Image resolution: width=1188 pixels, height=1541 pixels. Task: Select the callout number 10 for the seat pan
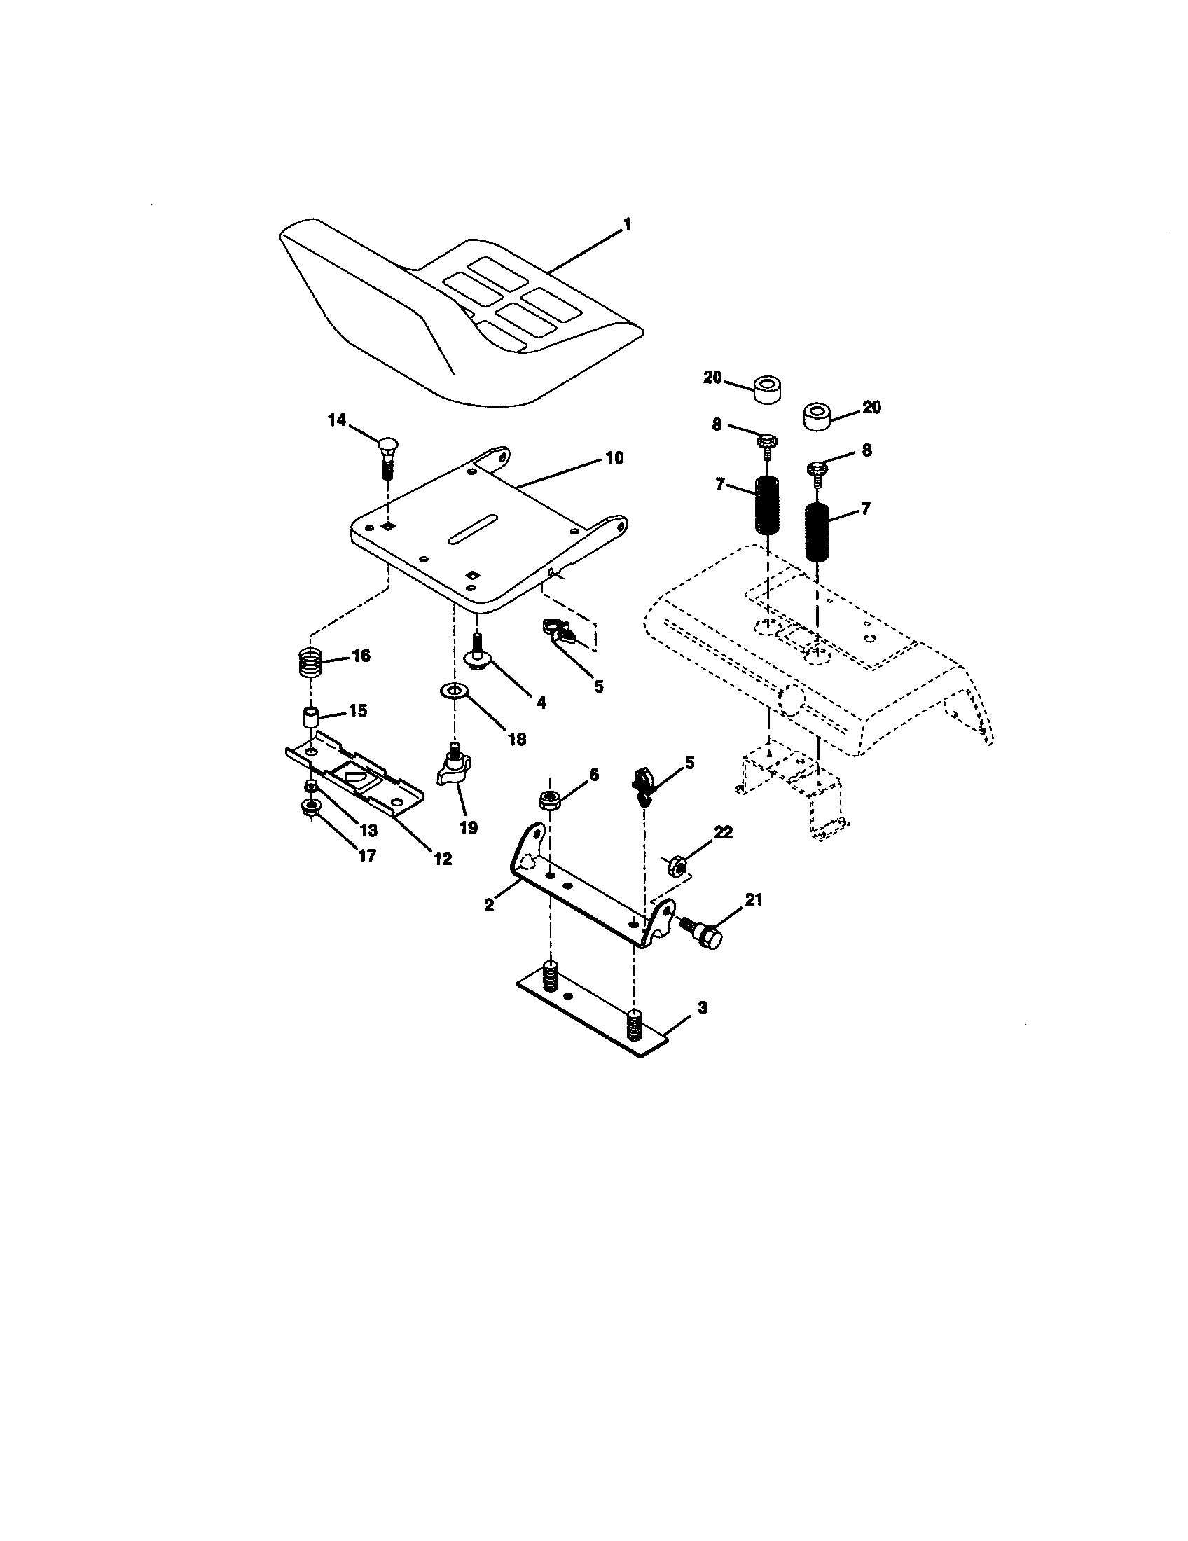614,458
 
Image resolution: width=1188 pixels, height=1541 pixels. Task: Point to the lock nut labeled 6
551,799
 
